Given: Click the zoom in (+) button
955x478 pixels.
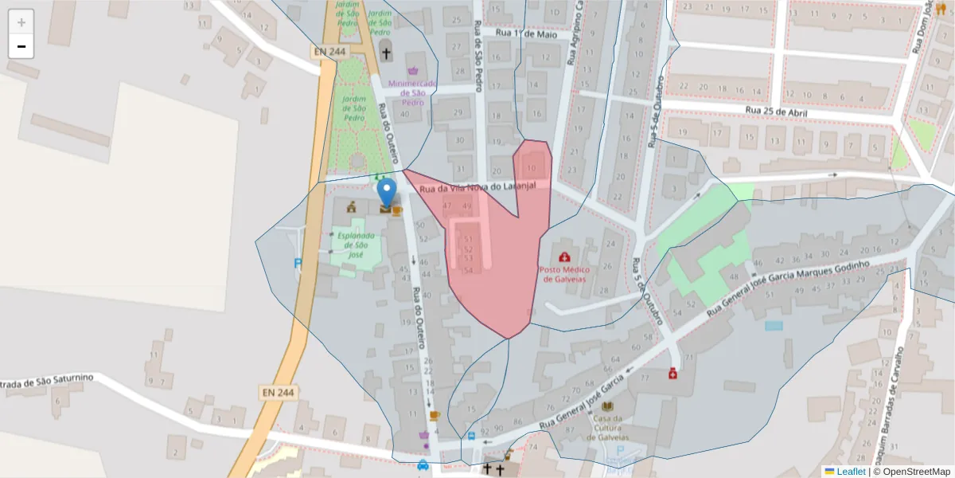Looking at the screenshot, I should click(x=21, y=22).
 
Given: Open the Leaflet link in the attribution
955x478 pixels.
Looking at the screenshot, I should click(x=851, y=472).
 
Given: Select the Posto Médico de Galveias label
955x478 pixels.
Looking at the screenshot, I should click(x=564, y=275).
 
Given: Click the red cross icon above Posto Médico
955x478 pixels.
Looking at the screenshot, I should click(x=564, y=257).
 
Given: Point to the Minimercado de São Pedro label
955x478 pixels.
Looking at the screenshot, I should click(x=412, y=92).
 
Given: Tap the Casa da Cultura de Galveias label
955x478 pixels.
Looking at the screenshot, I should click(x=608, y=429).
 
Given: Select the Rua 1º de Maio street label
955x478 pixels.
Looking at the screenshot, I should click(x=524, y=33).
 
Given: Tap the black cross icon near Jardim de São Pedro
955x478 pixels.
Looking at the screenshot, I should click(x=387, y=54).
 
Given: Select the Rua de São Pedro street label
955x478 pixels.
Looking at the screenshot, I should click(x=478, y=56).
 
